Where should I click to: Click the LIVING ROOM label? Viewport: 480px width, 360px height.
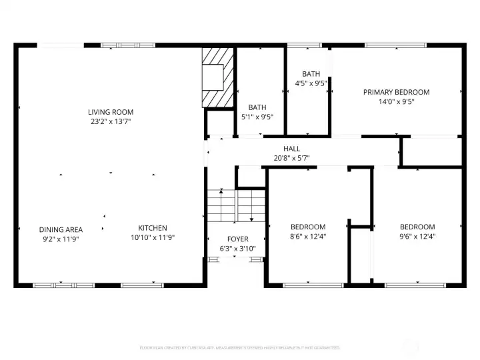click(111, 112)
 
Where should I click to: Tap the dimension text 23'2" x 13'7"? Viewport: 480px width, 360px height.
click(111, 121)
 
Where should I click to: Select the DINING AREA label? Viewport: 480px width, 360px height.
click(61, 230)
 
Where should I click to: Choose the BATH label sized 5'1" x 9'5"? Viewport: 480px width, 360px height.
click(257, 107)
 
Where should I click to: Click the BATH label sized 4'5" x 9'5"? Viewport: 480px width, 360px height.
click(311, 74)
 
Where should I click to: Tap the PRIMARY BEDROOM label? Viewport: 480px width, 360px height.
click(396, 93)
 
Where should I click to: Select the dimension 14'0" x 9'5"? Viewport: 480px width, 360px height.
click(396, 102)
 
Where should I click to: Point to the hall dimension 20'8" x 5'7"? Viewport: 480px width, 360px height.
click(291, 158)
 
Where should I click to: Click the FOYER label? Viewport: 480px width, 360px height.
click(237, 239)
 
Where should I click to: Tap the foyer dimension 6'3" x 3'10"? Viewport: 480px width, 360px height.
click(237, 249)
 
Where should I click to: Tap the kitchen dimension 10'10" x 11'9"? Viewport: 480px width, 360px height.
click(153, 237)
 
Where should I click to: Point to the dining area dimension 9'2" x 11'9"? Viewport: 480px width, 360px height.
click(61, 239)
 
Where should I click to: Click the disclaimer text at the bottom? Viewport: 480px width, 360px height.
click(239, 348)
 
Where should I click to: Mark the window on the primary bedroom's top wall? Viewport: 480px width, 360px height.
click(387, 45)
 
